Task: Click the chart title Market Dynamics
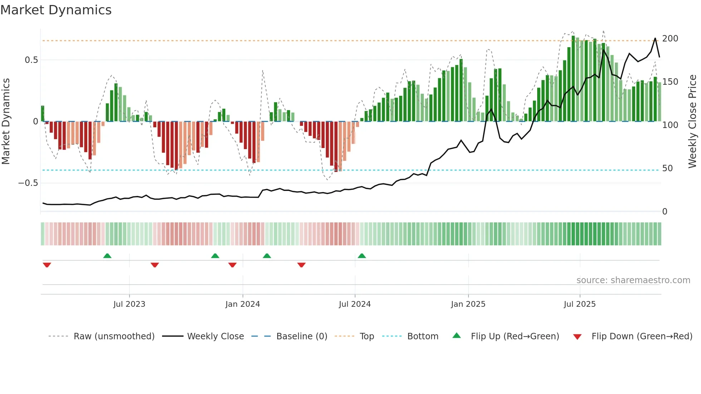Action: (56, 10)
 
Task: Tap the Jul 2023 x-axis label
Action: (129, 304)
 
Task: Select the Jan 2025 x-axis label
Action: (468, 304)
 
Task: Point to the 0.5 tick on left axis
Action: (31, 60)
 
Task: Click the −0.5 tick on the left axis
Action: (28, 183)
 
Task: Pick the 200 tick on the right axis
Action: (670, 39)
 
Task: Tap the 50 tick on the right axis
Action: (667, 168)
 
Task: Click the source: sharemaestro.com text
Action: (633, 280)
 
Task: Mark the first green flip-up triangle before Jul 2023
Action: (107, 256)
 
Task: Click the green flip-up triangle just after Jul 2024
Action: (362, 256)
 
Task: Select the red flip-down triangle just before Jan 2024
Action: (232, 265)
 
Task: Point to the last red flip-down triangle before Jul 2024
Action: (302, 265)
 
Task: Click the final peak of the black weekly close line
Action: (655, 38)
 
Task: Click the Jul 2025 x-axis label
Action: (579, 304)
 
